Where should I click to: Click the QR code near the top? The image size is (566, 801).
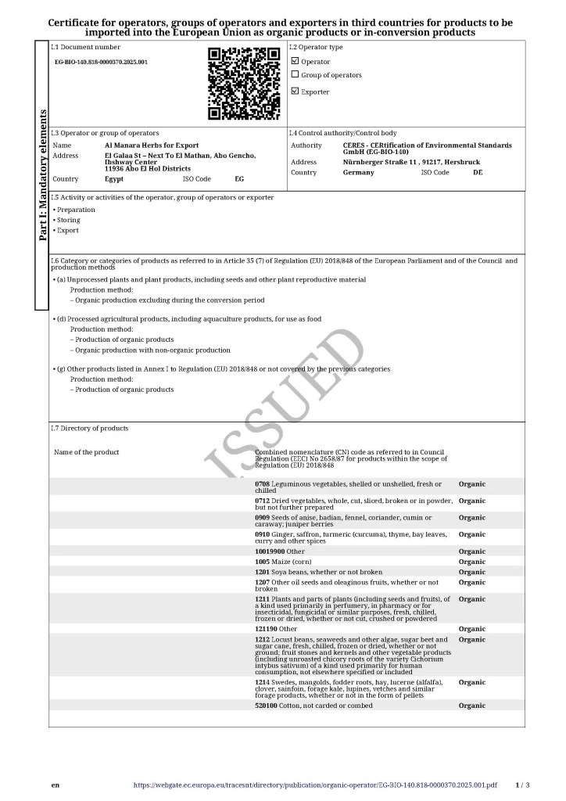point(244,83)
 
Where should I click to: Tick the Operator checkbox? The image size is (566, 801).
point(295,61)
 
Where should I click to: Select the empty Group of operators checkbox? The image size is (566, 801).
point(295,74)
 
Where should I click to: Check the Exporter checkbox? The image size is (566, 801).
point(295,92)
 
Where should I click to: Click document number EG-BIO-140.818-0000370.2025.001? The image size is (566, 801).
point(101,61)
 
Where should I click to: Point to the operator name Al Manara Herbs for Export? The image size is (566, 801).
point(152,145)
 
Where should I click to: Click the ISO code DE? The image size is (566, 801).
point(478,172)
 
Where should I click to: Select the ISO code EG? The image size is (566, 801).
point(239,179)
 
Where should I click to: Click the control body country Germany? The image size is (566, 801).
point(358,172)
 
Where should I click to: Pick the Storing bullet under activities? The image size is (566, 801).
point(68,220)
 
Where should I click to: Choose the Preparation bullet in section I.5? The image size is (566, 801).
point(75,210)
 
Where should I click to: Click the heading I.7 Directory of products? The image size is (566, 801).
point(89,428)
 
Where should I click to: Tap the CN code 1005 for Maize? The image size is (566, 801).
point(262,562)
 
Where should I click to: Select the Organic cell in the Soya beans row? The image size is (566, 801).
point(471,572)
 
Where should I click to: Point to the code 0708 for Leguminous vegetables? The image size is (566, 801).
point(262,484)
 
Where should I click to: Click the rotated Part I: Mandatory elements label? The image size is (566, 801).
point(42,174)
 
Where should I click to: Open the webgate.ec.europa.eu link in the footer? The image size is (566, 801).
point(315,785)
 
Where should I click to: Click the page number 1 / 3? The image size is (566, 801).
point(523,785)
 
